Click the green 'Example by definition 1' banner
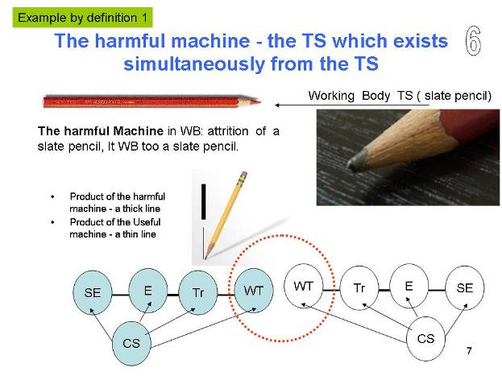pos(83,18)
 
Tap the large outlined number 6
pos(473,41)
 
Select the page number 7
pos(469,351)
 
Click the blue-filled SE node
pos(93,292)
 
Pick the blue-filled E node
pos(148,291)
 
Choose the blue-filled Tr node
pos(198,292)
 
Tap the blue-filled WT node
pos(254,291)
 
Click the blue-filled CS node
pos(131,343)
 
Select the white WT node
pos(304,286)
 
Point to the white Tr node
pos(359,288)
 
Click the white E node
pos(409,286)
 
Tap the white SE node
pos(465,288)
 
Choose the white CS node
pos(425,338)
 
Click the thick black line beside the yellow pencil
pos(204,201)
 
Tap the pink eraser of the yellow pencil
pos(243,175)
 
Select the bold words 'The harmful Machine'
pos(101,131)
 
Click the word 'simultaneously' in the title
pos(194,64)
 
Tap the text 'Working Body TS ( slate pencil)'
pos(400,96)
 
